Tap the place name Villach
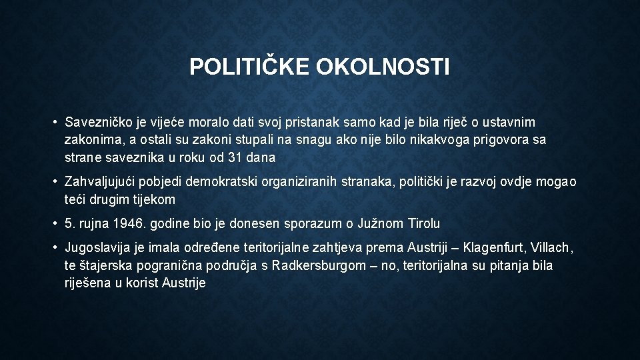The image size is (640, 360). point(551,248)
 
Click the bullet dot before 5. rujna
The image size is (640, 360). point(55,223)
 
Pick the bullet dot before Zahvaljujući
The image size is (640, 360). point(55,182)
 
